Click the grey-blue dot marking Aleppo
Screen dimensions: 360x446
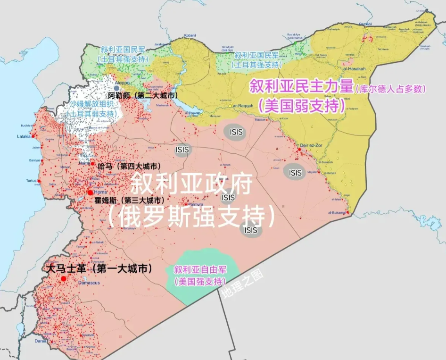point(116,88)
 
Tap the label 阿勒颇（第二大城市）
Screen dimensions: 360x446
point(147,96)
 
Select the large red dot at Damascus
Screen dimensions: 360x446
point(64,278)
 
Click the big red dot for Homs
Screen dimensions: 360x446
point(90,193)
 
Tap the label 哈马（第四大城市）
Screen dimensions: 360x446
point(127,166)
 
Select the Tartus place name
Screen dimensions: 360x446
point(32,181)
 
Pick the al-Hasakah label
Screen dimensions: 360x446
point(355,69)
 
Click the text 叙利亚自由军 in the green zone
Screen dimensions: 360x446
point(200,270)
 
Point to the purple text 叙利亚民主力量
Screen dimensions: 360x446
point(301,86)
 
